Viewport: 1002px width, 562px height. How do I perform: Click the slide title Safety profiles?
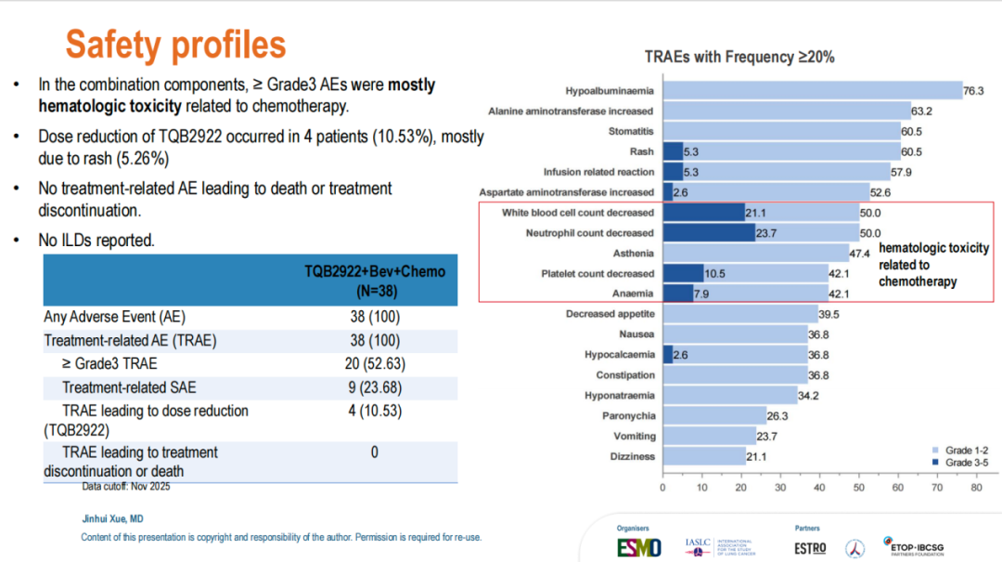tap(175, 44)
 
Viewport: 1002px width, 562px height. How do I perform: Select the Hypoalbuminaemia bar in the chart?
tap(813, 90)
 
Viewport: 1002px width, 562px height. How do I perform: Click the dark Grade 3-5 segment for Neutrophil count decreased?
tap(709, 233)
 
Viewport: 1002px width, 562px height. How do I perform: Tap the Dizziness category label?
tap(633, 456)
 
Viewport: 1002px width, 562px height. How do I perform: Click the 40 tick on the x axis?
tap(820, 487)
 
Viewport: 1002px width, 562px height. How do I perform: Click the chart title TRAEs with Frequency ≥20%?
tap(739, 57)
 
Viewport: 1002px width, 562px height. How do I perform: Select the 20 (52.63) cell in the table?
tap(375, 363)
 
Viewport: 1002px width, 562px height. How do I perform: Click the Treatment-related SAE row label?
tap(129, 386)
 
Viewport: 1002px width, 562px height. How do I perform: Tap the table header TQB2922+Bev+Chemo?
tap(375, 271)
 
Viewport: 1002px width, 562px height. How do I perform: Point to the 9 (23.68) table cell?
tap(375, 386)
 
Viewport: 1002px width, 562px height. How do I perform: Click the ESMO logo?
tap(639, 547)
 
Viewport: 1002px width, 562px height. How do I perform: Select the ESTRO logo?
tap(810, 547)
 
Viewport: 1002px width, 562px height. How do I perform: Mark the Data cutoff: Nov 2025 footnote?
tap(126, 486)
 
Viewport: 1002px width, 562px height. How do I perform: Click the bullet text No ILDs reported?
tap(96, 240)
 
